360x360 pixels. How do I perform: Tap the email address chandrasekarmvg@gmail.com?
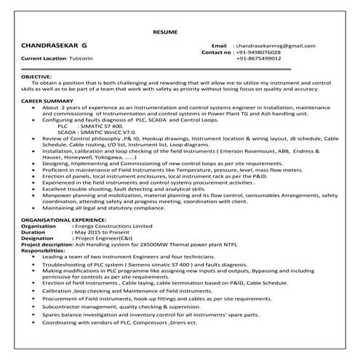coord(276,46)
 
